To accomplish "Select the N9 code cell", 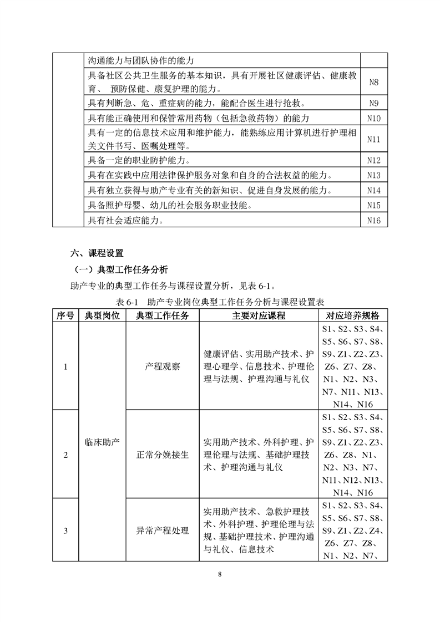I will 373,103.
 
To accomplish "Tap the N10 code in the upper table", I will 373,118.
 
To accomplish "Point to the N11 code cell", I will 373,140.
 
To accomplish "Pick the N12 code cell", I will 373,161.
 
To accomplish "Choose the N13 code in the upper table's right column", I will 373,176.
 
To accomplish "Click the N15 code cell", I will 373,206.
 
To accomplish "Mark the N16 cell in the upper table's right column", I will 373,221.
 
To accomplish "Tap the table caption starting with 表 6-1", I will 220,303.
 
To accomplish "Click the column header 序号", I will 65,315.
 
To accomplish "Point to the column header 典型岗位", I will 102,315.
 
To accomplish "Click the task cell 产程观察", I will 162,366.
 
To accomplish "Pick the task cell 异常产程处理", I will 162,531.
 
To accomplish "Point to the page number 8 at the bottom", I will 220,573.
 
